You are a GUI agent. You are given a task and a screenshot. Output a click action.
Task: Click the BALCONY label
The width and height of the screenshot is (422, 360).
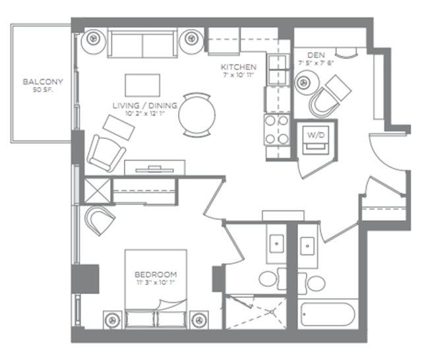[x=43, y=82]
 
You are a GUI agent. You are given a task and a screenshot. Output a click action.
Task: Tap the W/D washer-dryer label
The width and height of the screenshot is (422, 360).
[x=316, y=135]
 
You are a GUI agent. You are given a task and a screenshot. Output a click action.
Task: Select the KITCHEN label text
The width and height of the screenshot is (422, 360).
[x=239, y=67]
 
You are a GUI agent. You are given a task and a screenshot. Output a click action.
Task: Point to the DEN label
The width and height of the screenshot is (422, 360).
[x=316, y=55]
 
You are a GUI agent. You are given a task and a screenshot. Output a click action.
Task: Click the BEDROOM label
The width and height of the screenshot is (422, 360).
[x=156, y=274]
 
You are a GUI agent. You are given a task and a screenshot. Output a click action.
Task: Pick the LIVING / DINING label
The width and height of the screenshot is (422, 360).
[x=145, y=105]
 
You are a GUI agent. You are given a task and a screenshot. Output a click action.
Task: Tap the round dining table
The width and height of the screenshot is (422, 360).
[x=197, y=114]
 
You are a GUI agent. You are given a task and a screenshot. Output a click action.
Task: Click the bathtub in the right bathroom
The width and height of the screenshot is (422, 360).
[x=328, y=315]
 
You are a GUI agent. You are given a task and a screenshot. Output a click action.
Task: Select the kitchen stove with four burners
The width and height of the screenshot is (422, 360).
[x=277, y=130]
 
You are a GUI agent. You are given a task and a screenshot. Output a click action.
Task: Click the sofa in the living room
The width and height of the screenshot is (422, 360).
[x=142, y=43]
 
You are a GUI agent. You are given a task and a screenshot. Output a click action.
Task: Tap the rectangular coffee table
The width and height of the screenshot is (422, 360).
[x=142, y=85]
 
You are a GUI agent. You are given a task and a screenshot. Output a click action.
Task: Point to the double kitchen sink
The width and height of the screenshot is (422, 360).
[x=278, y=69]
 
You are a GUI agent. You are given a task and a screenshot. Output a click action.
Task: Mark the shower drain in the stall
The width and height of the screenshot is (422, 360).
[x=272, y=312]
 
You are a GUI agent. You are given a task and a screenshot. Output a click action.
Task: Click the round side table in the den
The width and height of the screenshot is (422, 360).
[x=307, y=82]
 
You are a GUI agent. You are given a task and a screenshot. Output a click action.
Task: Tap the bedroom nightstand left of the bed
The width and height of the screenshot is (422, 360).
[x=113, y=320]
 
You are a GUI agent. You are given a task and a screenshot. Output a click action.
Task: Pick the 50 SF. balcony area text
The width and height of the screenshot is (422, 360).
[x=43, y=90]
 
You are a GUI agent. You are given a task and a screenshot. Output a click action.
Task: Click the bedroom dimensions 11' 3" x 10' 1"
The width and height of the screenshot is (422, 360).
[x=156, y=282]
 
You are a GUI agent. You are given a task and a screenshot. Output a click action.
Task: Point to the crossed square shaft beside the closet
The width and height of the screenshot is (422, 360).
[x=98, y=191]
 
